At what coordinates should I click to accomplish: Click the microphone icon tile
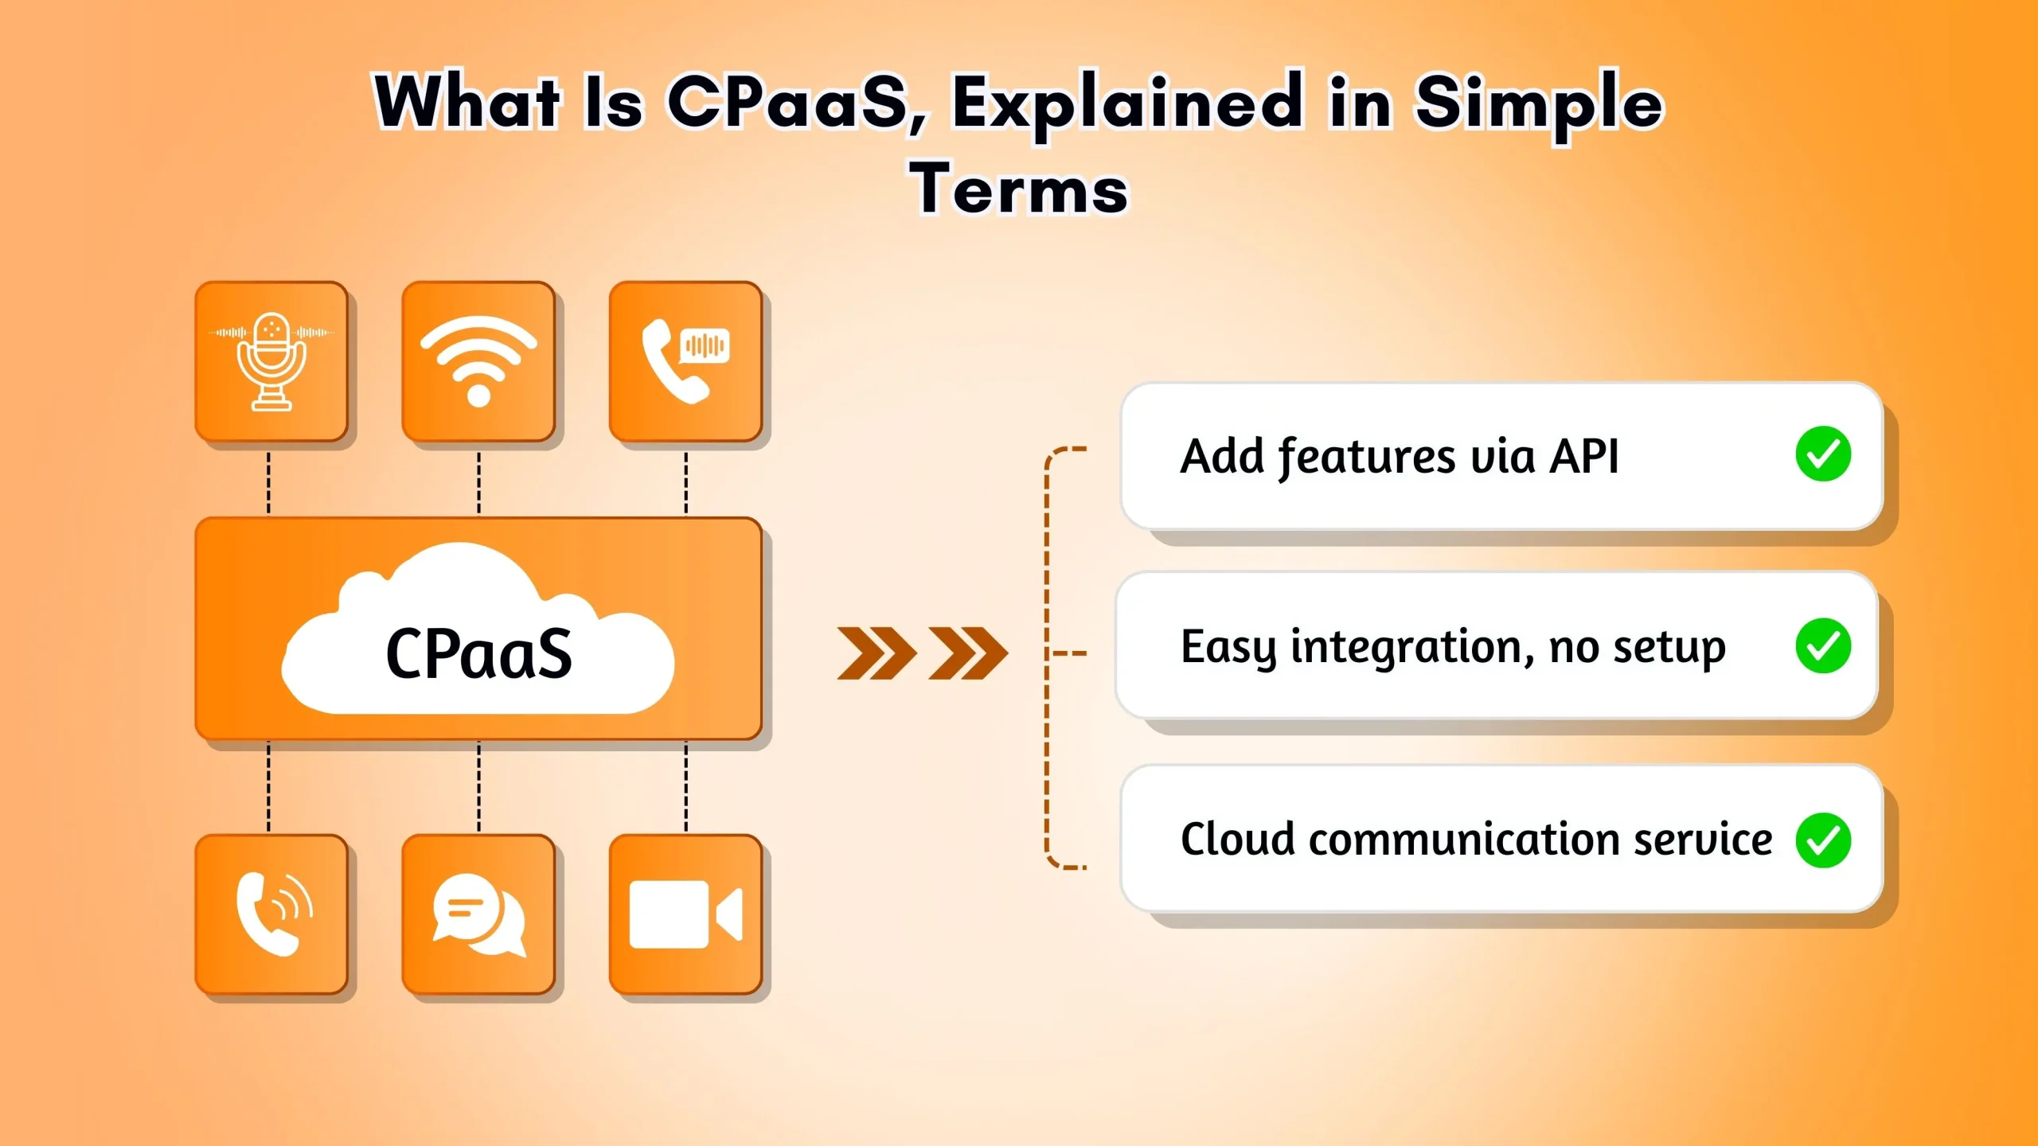271,361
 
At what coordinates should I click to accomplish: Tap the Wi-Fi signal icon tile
478,361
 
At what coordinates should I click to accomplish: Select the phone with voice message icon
685,361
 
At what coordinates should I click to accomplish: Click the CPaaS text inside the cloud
478,654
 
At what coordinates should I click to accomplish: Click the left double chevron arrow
876,653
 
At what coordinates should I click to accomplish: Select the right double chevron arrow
968,653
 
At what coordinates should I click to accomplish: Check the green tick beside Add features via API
1823,454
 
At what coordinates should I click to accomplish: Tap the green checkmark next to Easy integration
1823,645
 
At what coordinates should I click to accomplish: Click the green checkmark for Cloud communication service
1823,840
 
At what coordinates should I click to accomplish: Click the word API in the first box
1583,456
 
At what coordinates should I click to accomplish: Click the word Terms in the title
1019,189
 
